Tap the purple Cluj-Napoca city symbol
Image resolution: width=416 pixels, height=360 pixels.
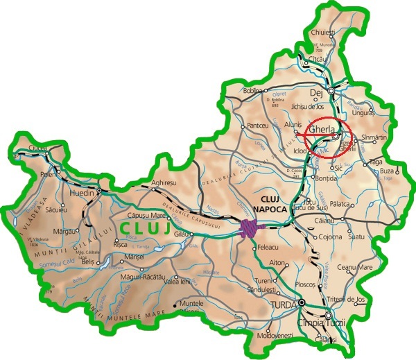[x=250, y=227]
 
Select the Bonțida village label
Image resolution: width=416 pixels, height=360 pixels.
[x=324, y=178]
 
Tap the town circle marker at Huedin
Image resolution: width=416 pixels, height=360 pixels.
[x=100, y=190]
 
